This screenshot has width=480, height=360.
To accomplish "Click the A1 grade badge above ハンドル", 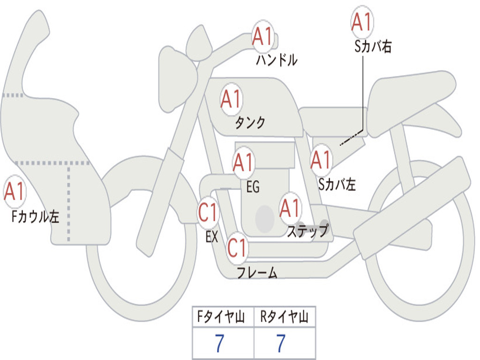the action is pos(262,37).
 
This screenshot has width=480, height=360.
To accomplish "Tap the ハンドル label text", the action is pos(277,60).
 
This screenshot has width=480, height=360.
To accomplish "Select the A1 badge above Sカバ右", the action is pos(361,22).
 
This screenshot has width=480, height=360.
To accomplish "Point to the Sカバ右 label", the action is pos(373,46).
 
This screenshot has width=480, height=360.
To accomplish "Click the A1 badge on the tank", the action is pos(231,99).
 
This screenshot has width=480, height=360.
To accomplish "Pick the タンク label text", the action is pos(250,123).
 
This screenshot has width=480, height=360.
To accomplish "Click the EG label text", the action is pos(253,187).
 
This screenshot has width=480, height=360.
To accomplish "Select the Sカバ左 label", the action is pos(337,185).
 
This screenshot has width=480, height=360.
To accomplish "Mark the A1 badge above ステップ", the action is pos(290,208).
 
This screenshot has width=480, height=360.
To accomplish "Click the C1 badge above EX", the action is pos(208,213).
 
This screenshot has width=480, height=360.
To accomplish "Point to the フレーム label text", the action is pos(257,272).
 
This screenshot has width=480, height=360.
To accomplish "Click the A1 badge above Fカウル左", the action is pos(14,191).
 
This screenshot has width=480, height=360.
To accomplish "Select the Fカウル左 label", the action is pos(36,216).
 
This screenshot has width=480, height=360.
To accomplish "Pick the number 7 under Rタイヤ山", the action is pos(280,344).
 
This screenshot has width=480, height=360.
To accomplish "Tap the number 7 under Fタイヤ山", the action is pos(219,344).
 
